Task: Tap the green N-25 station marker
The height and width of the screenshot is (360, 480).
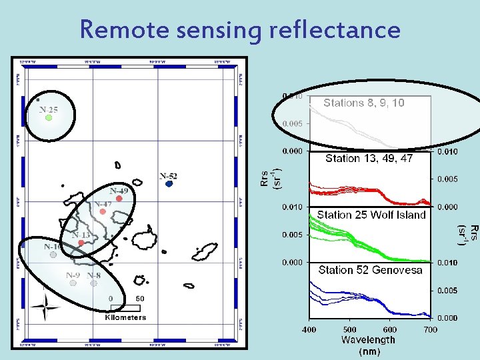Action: (x=49, y=118)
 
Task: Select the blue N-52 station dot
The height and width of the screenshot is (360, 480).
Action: (x=169, y=184)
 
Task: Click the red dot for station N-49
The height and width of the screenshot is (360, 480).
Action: (x=119, y=198)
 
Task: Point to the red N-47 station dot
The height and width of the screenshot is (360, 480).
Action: (x=103, y=212)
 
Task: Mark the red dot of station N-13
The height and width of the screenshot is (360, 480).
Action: (x=81, y=243)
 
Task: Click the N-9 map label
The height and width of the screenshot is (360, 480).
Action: (x=73, y=275)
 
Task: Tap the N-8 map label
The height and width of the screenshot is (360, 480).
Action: (x=94, y=275)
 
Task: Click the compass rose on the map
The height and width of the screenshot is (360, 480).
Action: (x=45, y=307)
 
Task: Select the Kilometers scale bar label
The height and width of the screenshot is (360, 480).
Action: (x=125, y=317)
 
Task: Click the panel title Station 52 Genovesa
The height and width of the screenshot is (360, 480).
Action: (x=370, y=270)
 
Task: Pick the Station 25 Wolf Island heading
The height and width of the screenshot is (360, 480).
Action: (x=371, y=215)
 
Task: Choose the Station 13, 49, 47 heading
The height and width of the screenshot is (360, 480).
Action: (x=369, y=159)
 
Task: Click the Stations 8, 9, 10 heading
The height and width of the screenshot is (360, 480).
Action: (x=363, y=103)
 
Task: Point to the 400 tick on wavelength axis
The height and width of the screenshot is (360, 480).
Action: (x=309, y=329)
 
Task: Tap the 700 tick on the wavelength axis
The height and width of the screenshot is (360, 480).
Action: (x=431, y=329)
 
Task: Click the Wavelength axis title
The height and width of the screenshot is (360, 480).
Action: (x=368, y=339)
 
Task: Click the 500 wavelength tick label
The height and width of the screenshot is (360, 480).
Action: (x=349, y=329)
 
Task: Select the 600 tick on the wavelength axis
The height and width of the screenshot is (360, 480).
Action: (x=390, y=329)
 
